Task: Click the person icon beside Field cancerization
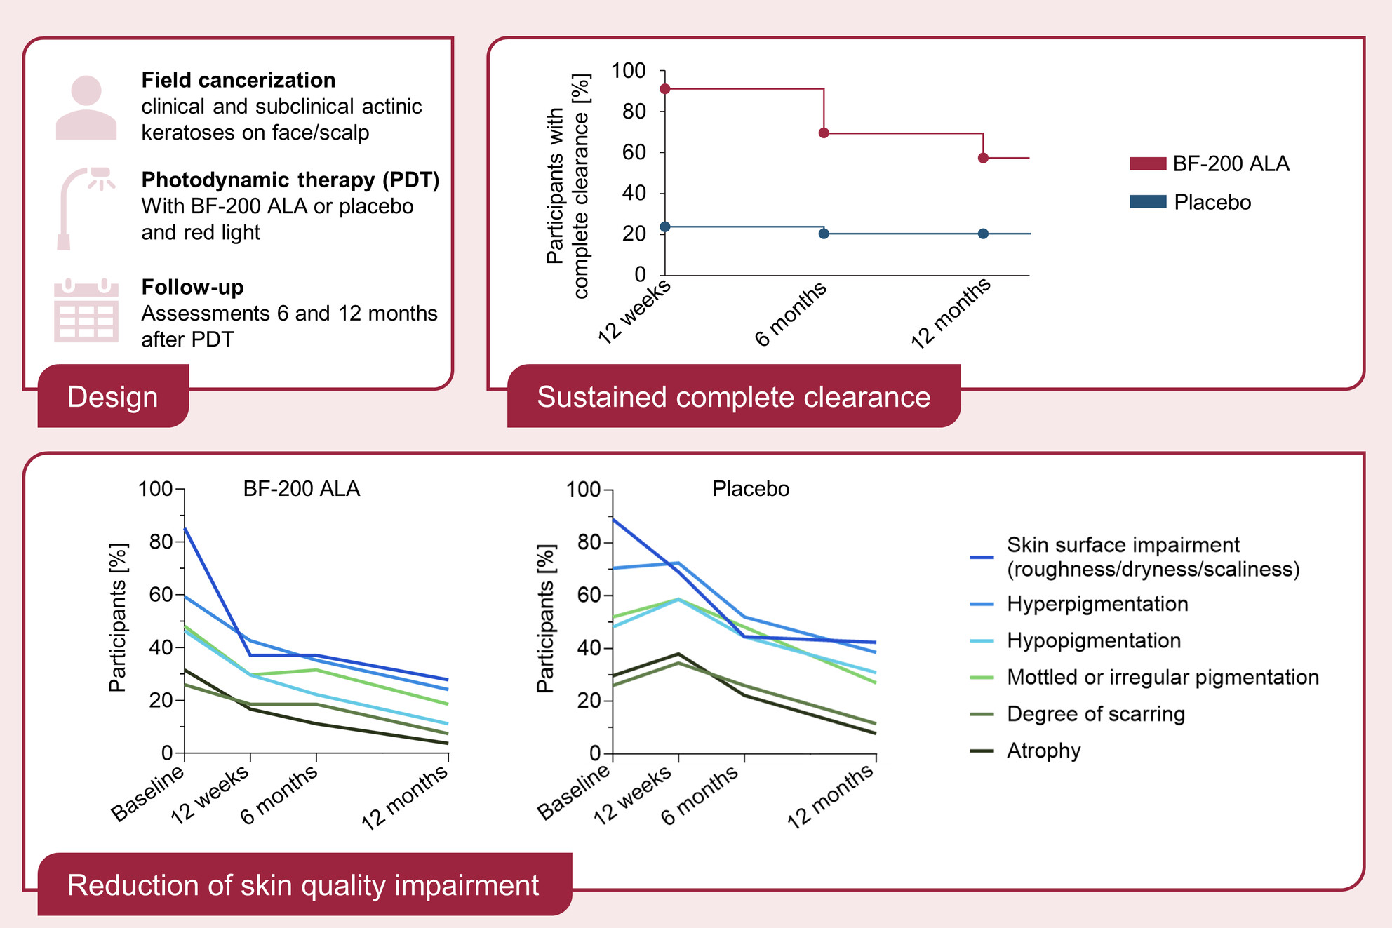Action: (86, 108)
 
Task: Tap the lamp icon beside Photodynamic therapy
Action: (84, 207)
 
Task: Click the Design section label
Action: (113, 396)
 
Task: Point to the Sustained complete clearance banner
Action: (733, 396)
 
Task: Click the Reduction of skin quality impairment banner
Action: (303, 885)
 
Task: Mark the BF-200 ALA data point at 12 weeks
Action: (665, 89)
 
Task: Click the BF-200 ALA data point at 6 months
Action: (824, 133)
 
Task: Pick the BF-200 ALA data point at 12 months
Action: (983, 158)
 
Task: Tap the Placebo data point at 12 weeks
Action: (665, 227)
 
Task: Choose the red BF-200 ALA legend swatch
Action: (1148, 164)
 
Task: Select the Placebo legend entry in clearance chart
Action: (1212, 203)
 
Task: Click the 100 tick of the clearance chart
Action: (629, 71)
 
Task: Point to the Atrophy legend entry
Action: (1043, 751)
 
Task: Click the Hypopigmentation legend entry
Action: (1093, 640)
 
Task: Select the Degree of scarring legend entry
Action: (1095, 714)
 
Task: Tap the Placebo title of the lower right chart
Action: (751, 489)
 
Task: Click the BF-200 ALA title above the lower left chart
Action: (301, 489)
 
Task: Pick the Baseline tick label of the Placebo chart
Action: (574, 793)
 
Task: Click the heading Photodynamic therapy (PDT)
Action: (290, 180)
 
